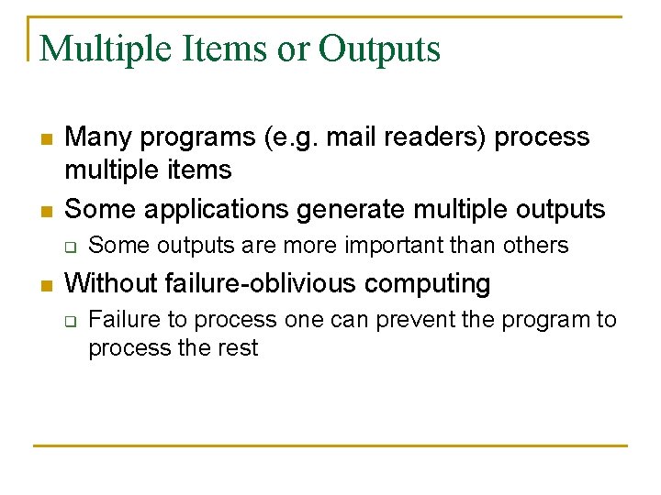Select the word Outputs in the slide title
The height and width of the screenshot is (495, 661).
tap(380, 49)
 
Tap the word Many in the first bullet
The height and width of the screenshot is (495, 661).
tap(97, 137)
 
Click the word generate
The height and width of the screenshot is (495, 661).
tap(353, 209)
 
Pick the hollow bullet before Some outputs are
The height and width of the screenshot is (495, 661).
tap(67, 247)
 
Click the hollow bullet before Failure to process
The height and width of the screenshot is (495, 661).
tap(67, 321)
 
